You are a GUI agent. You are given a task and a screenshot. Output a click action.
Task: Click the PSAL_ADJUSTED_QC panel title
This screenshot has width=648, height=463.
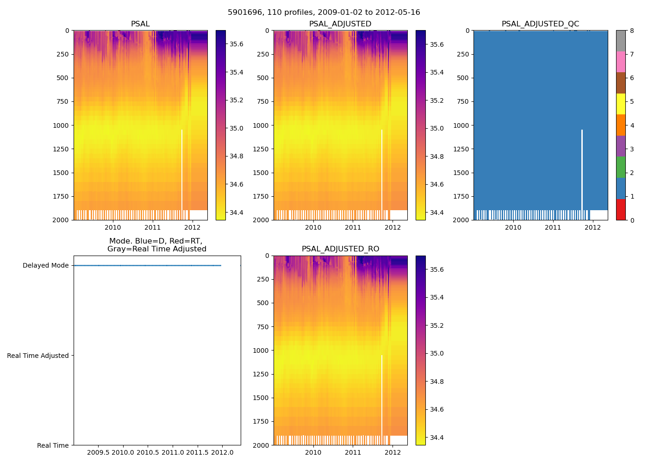540,24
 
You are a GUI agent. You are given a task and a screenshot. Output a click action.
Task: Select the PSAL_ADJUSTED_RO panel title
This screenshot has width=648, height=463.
340,249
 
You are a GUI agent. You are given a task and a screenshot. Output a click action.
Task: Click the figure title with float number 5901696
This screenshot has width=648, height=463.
324,13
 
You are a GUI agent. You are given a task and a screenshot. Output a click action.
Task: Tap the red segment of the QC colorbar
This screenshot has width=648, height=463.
621,209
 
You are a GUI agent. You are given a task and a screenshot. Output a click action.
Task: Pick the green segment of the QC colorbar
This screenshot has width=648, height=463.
621,167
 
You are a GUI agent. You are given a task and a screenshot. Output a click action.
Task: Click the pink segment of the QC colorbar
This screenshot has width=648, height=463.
621,62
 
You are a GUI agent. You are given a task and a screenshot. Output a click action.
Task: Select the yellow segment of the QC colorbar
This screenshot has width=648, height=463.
621,104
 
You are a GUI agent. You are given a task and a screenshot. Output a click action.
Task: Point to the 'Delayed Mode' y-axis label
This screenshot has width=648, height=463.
45,266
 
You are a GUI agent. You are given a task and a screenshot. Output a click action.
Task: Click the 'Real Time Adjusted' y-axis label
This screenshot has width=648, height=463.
38,356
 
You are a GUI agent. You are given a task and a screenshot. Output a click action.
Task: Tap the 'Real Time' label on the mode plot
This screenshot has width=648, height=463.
53,445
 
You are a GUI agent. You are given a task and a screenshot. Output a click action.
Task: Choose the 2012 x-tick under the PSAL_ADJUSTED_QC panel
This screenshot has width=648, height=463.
593,227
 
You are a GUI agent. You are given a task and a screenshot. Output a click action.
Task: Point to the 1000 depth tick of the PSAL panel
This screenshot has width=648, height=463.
61,125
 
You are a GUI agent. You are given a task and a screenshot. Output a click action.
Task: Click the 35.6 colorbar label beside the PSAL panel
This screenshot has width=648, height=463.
237,44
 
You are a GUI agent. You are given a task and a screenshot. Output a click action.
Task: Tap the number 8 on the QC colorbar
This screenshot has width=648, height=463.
632,31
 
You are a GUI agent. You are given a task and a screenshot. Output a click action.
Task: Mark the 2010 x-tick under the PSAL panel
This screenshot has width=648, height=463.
113,227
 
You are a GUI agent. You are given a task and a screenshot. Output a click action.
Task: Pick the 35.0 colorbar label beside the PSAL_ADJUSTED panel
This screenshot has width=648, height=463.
436,128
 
